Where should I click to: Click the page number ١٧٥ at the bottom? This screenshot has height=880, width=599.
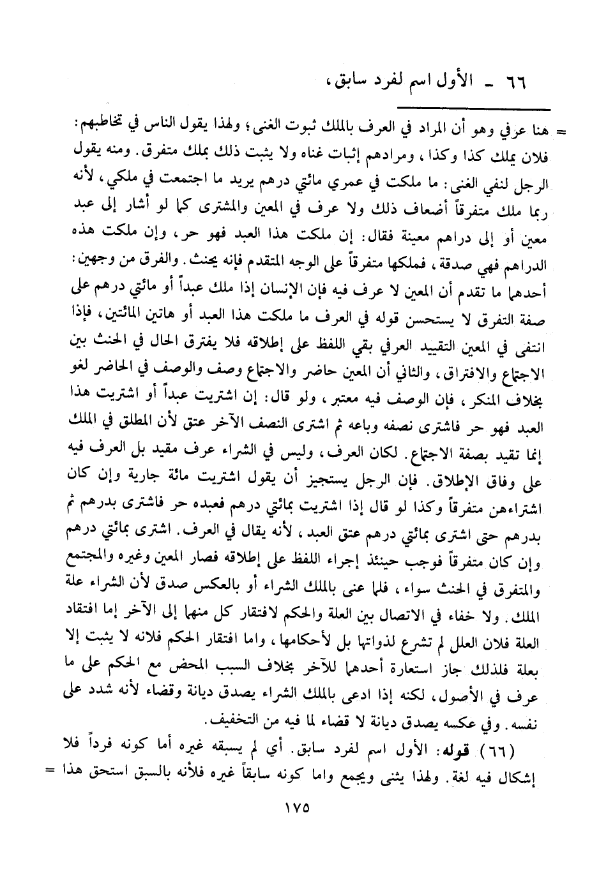(x=295, y=806)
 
